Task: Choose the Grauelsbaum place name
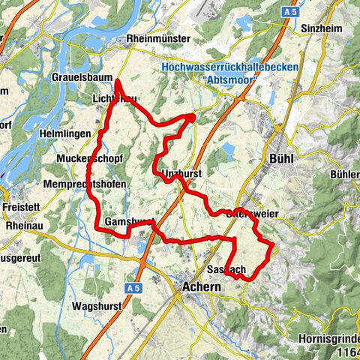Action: pyautogui.click(x=82, y=77)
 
